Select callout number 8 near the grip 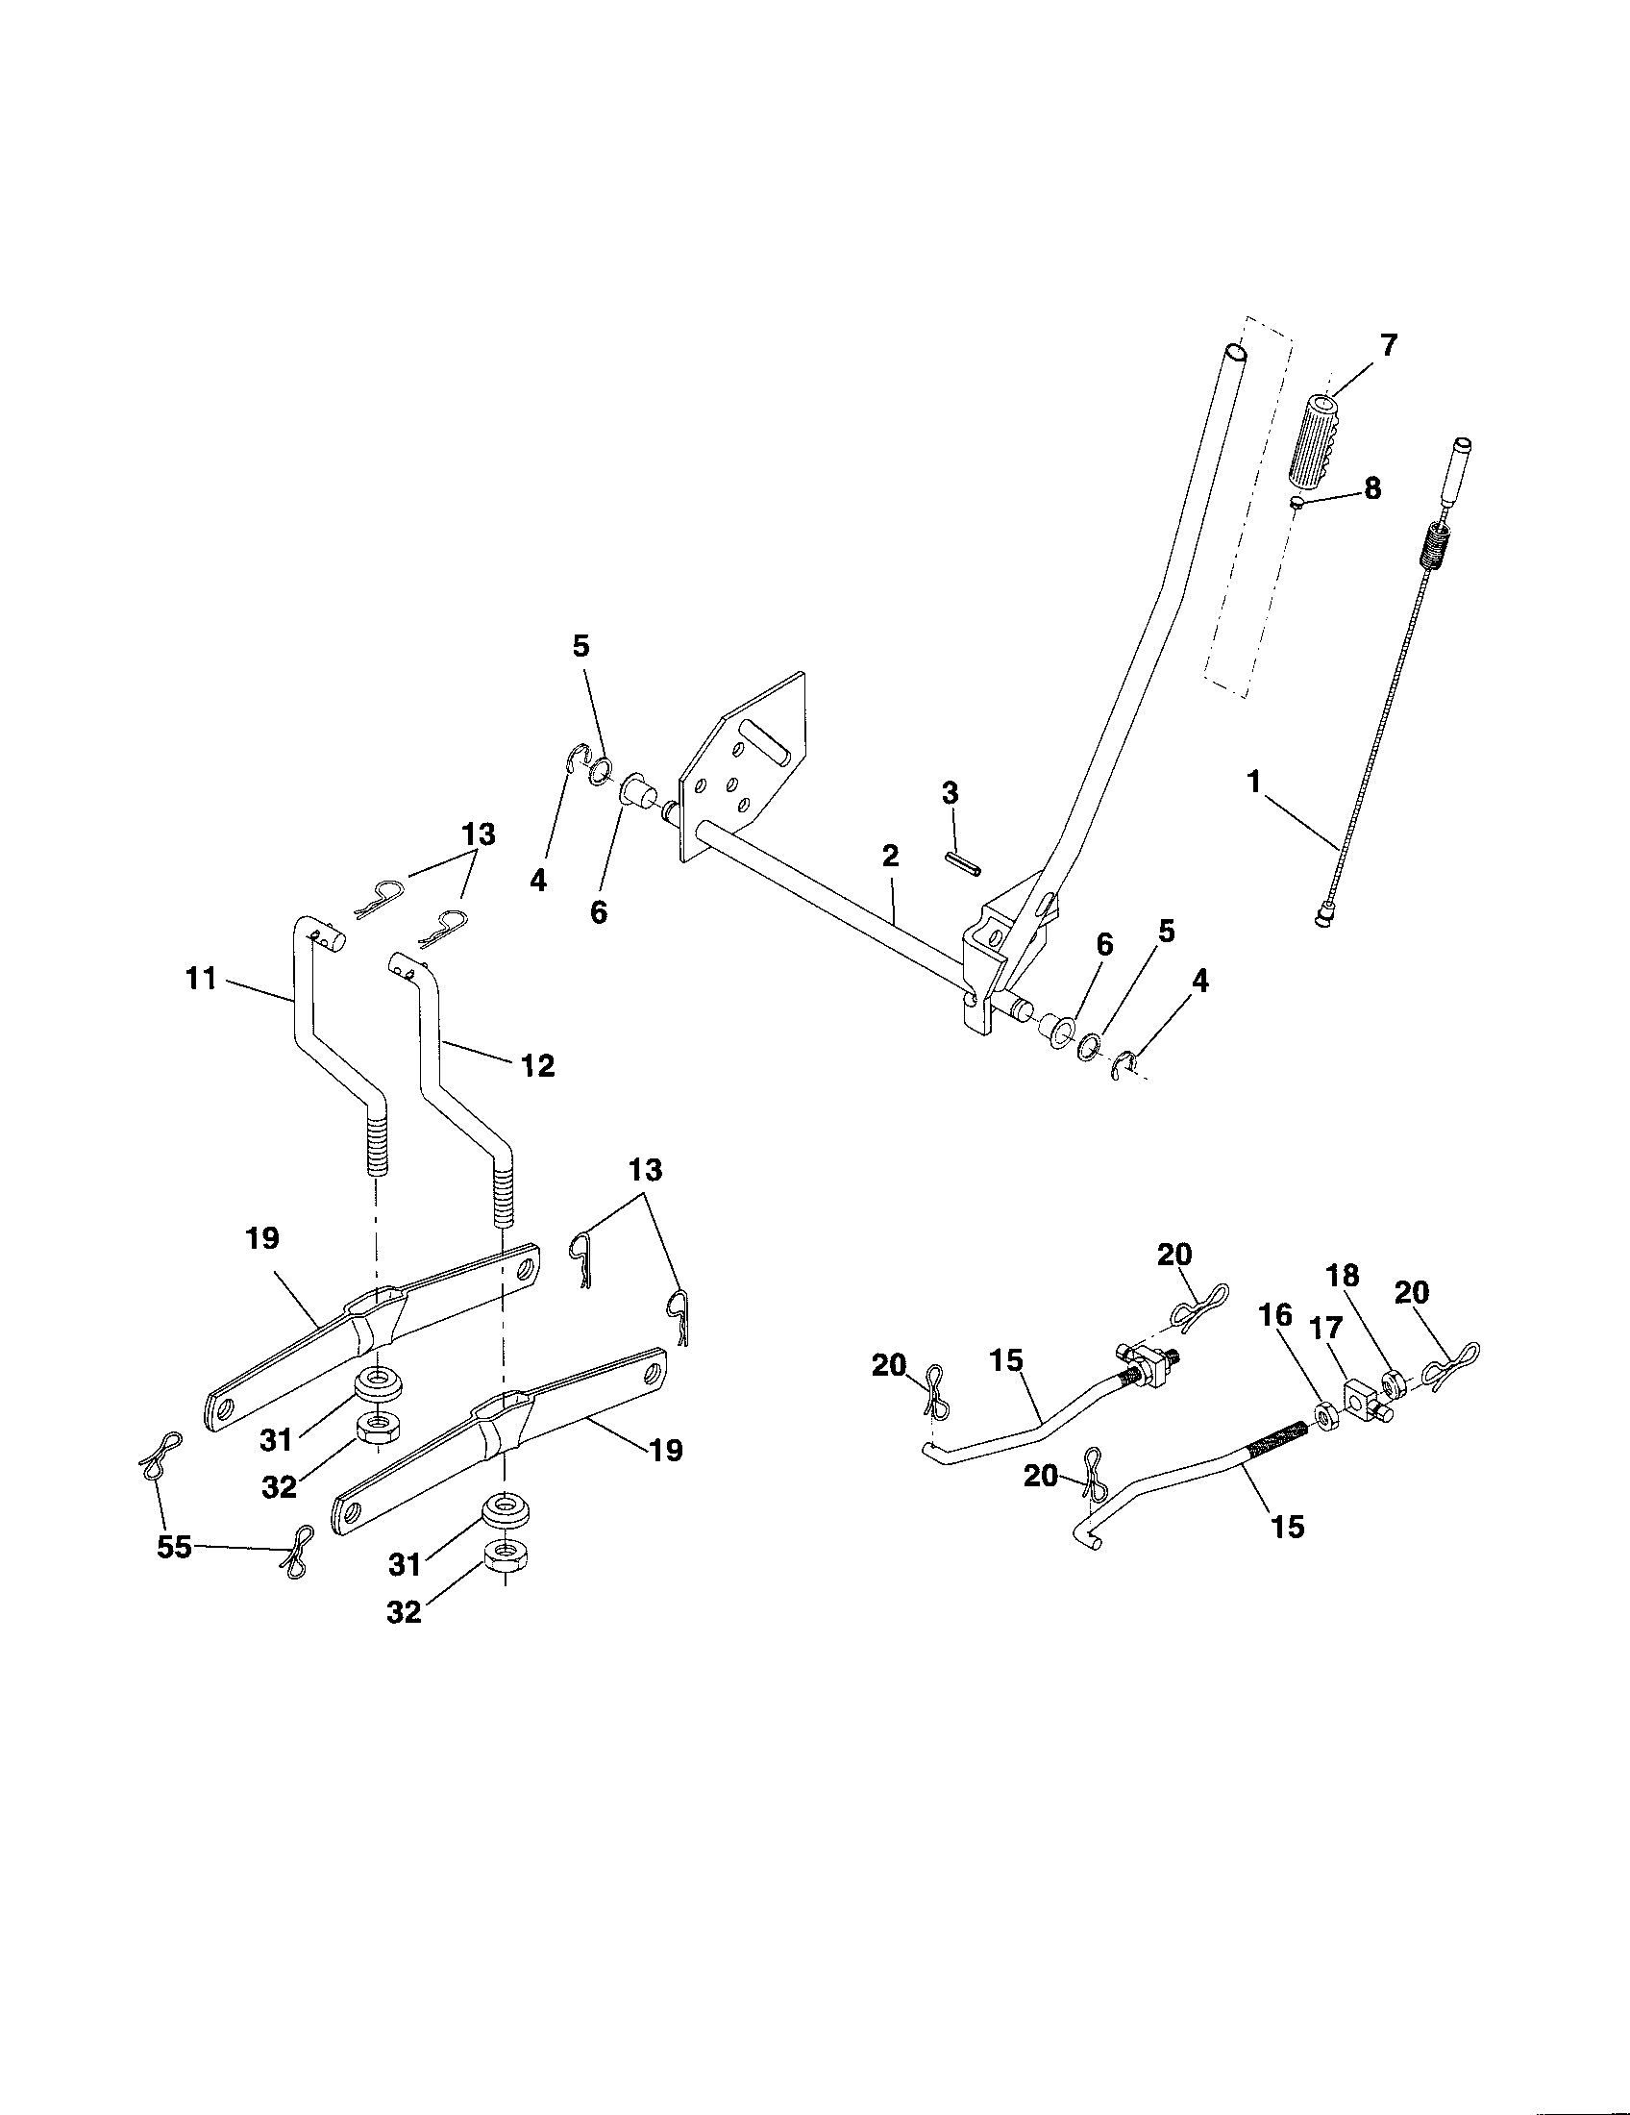tap(1371, 488)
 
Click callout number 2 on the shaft tap(890, 855)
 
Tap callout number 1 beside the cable tap(1254, 782)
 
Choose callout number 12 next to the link tap(538, 1066)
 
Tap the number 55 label tap(174, 1548)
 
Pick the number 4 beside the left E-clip tap(538, 881)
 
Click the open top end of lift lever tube tap(1231, 353)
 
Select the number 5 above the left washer tap(580, 647)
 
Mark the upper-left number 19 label tap(262, 1238)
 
